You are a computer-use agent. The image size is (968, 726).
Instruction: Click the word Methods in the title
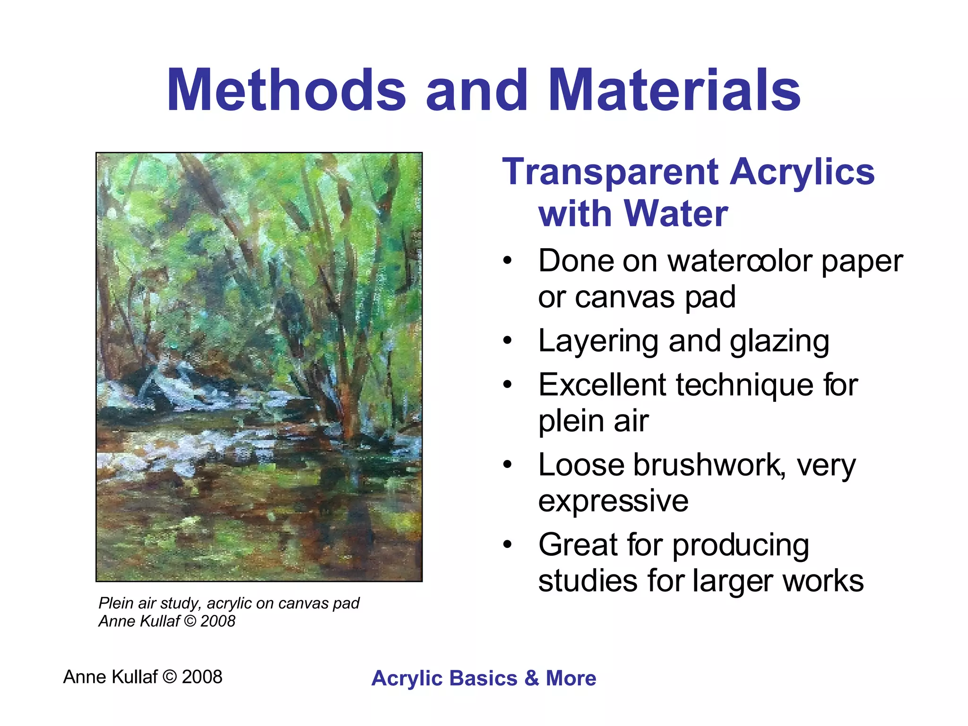286,90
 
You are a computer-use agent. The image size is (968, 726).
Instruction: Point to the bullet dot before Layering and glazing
508,341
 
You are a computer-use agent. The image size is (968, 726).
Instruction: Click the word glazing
779,342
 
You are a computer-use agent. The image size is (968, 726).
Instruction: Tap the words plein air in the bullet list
593,421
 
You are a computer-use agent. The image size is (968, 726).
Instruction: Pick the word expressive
613,501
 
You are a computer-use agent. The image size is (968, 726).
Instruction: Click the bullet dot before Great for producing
508,544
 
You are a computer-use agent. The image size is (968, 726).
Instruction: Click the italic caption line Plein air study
229,604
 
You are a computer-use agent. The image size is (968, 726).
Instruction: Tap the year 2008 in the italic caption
217,622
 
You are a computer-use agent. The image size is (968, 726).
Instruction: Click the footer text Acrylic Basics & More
484,678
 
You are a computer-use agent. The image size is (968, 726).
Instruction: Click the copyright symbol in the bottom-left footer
169,677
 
